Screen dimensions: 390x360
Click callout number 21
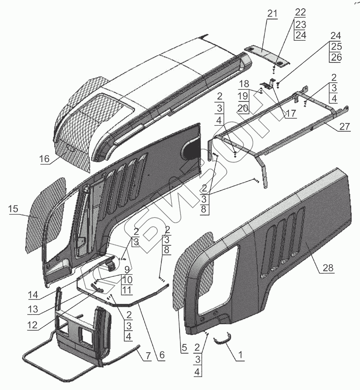pyautogui.click(x=272, y=13)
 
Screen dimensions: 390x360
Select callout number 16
pyautogui.click(x=45, y=159)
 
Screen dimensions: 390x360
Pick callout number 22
pyautogui.click(x=300, y=13)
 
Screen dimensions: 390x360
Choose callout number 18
pyautogui.click(x=243, y=83)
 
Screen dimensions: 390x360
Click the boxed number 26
pyautogui.click(x=336, y=57)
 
